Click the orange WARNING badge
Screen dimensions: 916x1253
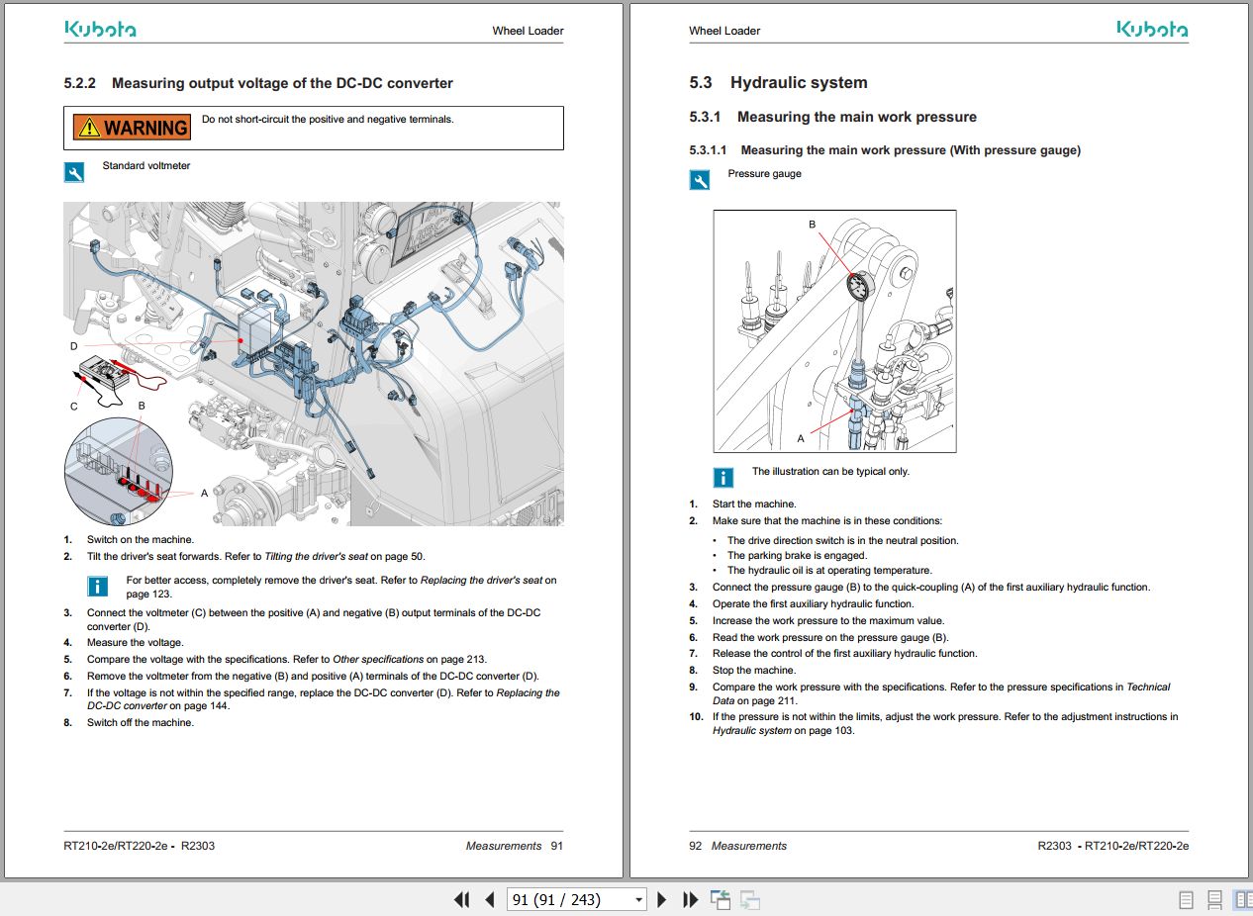[132, 127]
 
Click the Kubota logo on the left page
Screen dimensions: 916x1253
[100, 30]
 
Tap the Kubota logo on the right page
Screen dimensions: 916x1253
[1152, 30]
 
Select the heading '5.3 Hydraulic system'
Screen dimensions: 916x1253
[778, 83]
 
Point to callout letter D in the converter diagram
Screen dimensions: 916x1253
[73, 346]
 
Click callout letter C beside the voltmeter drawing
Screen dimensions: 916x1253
[73, 406]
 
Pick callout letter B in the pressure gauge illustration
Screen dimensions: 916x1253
[813, 225]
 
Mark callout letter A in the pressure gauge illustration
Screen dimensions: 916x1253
[801, 438]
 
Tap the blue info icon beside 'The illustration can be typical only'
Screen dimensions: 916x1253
[723, 478]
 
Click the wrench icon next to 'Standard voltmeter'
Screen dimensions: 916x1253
[74, 173]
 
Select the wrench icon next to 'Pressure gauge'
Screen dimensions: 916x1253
[700, 180]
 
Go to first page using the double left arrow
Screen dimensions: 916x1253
[461, 899]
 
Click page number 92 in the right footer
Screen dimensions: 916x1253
[695, 846]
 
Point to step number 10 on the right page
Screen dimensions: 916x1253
[696, 716]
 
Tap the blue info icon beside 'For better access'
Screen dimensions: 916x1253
[98, 587]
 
